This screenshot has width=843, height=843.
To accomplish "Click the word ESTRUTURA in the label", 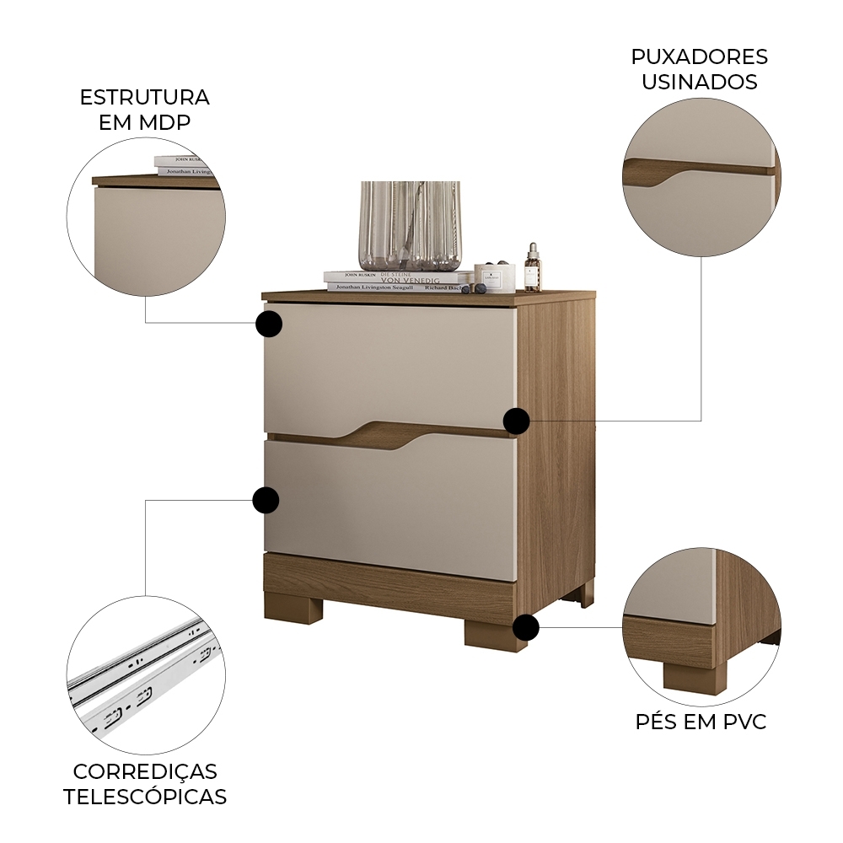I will point(144,97).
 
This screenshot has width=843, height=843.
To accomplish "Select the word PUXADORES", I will point(700,56).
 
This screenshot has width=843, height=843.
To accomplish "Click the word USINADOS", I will point(700,82).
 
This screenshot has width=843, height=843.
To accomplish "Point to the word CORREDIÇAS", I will point(145,771).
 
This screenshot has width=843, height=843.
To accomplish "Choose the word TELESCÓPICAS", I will point(145,797).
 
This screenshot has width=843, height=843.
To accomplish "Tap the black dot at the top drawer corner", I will point(268,324).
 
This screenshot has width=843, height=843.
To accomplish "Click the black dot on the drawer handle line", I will point(516,421).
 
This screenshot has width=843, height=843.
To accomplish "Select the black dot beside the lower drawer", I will point(266,500).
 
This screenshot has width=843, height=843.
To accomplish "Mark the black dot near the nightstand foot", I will point(526,627).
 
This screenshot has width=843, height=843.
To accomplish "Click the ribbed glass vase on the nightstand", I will point(411,225).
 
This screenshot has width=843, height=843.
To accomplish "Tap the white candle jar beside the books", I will point(494,277).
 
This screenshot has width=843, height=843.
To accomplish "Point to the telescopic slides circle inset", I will point(146,675).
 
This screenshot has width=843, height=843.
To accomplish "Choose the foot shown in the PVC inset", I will point(694,674).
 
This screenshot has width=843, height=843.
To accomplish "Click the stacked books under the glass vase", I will point(396,282).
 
